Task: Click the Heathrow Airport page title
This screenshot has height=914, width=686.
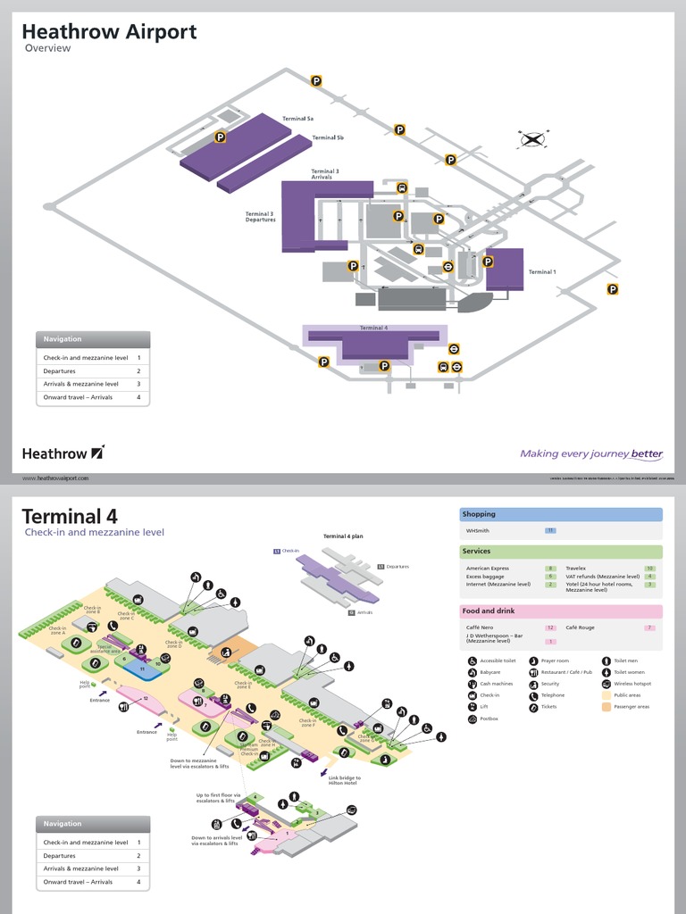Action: [x=109, y=32]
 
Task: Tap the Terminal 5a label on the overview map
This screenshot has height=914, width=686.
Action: [x=298, y=119]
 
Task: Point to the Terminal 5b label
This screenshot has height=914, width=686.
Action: [x=328, y=138]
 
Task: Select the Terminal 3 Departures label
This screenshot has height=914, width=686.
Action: [x=261, y=217]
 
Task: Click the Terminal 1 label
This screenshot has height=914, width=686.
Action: [x=541, y=272]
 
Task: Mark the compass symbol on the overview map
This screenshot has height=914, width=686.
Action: [x=532, y=138]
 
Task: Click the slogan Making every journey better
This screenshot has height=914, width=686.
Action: [x=591, y=453]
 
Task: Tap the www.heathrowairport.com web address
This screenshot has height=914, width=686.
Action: [x=55, y=478]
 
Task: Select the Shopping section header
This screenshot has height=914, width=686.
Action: [x=479, y=514]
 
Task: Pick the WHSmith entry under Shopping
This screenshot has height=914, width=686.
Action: [x=478, y=530]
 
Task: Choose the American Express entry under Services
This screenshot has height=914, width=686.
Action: [x=488, y=568]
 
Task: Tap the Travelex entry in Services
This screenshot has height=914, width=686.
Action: [x=575, y=568]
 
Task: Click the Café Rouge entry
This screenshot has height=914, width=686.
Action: [x=581, y=627]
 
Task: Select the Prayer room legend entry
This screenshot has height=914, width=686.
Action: [x=554, y=661]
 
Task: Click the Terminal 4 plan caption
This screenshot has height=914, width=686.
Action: [x=343, y=536]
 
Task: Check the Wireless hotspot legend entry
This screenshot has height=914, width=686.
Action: [x=632, y=684]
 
